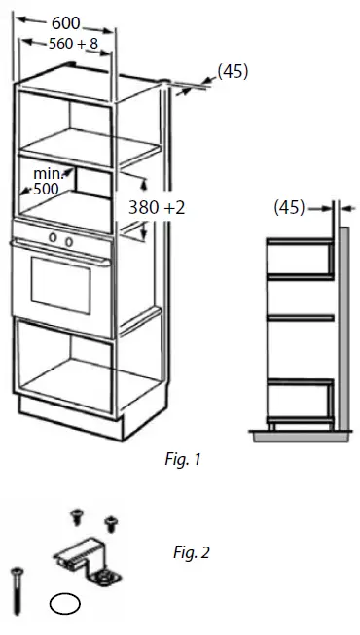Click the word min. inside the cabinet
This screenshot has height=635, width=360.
[x=48, y=172]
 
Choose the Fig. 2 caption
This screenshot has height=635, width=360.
[x=191, y=553]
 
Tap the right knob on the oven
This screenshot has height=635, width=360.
[x=68, y=240]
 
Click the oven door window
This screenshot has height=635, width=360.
[x=61, y=278]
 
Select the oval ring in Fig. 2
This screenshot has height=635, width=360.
[x=63, y=605]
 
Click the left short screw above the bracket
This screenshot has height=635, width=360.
[x=74, y=512]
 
